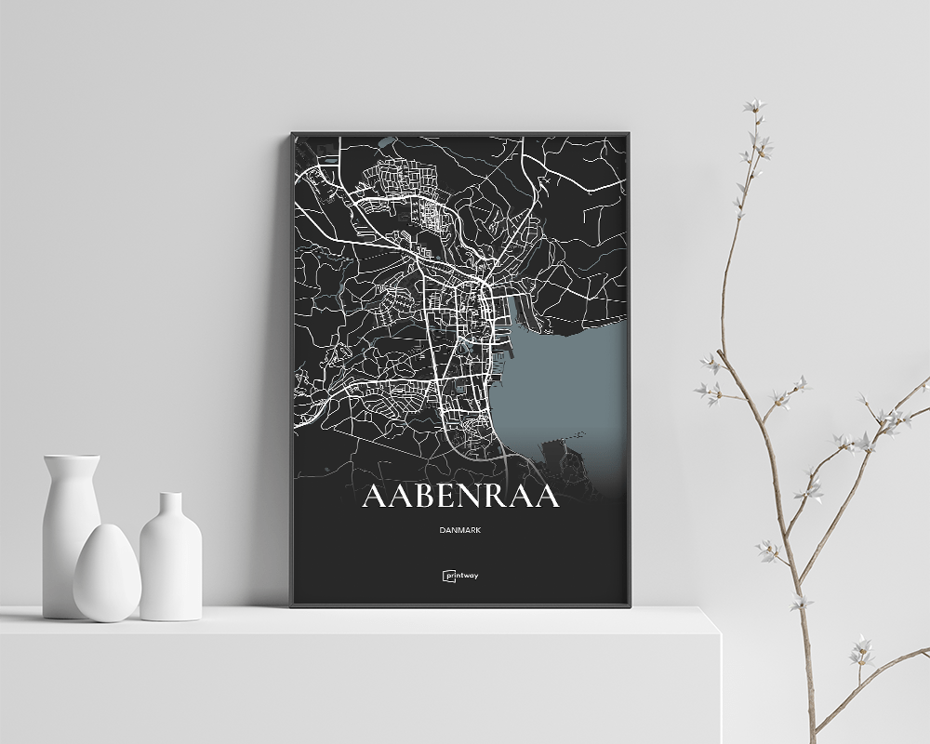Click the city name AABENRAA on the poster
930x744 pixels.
pos(460,497)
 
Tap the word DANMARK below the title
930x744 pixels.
pos(460,531)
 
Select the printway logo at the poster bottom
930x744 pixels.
pos(460,575)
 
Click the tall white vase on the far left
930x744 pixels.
pos(71,530)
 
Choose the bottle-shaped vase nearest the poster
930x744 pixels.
pos(170,558)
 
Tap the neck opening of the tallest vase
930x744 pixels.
pos(72,458)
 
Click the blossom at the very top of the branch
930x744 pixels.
pos(754,107)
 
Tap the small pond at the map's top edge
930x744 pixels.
pos(388,142)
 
